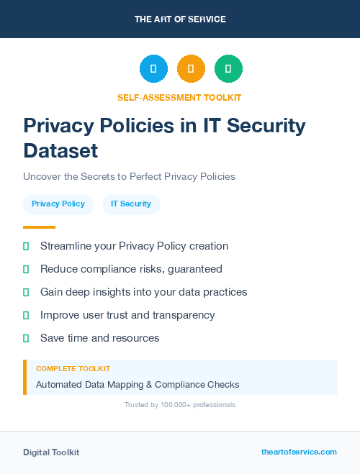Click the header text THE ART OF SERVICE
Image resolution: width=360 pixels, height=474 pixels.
click(180, 19)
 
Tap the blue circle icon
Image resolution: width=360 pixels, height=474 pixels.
click(153, 69)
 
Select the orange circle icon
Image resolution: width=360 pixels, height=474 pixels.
click(191, 69)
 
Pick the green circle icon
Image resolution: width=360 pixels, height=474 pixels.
click(228, 69)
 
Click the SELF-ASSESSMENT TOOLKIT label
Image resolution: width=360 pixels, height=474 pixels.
click(179, 97)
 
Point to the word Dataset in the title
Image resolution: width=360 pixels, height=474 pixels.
click(60, 150)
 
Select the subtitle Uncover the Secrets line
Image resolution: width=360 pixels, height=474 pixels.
click(129, 176)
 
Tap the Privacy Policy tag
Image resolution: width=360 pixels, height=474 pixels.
click(58, 204)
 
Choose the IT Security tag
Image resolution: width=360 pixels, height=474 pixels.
click(131, 204)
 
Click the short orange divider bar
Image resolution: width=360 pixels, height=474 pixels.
click(39, 227)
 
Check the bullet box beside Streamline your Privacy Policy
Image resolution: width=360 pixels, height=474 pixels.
click(26, 246)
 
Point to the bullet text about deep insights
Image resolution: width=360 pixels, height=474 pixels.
click(143, 292)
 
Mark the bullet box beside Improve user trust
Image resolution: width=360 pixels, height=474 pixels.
click(26, 315)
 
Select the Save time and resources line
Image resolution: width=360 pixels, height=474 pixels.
click(99, 338)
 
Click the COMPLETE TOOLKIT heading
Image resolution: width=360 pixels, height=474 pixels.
click(73, 369)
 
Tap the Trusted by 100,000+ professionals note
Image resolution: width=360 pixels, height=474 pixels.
click(179, 405)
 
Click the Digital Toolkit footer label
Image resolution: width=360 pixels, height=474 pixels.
click(51, 452)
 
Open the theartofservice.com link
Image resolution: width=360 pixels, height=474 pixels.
click(299, 452)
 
